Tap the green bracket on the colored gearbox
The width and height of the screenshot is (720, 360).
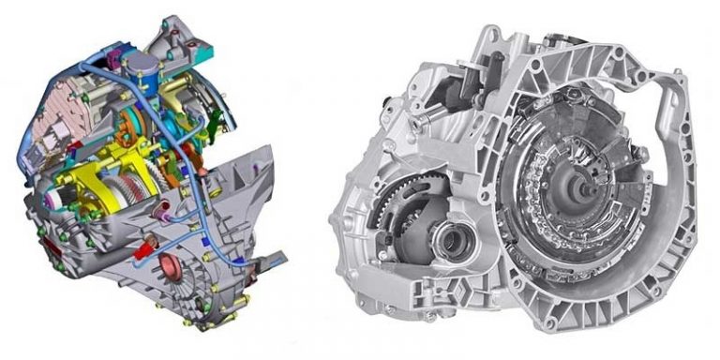click(217, 118)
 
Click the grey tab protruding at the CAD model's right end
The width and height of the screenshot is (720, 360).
click(275, 256)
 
